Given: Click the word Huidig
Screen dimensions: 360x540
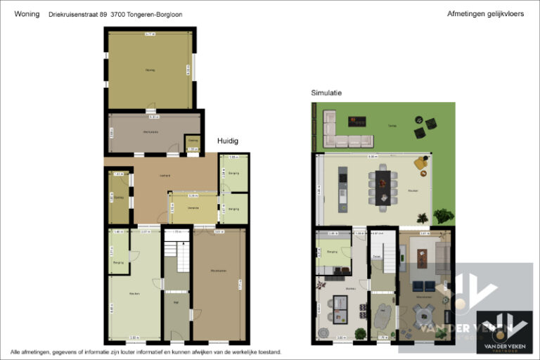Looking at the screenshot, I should [x=227, y=141].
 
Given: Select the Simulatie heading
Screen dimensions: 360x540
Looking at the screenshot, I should [x=326, y=93].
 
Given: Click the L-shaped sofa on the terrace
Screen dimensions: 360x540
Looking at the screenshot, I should [x=342, y=130].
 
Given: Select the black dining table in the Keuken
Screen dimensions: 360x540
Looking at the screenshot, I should [x=382, y=186].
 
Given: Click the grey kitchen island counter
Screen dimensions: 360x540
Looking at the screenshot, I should [x=342, y=188].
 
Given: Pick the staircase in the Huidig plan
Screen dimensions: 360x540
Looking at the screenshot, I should [x=177, y=257].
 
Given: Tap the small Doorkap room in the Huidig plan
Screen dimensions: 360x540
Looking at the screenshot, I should [x=192, y=143].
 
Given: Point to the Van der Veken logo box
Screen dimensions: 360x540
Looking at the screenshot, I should [x=504, y=330].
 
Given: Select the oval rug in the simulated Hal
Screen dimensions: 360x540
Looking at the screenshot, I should [x=383, y=318].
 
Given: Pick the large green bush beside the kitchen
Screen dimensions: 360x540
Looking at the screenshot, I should [x=443, y=216].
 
